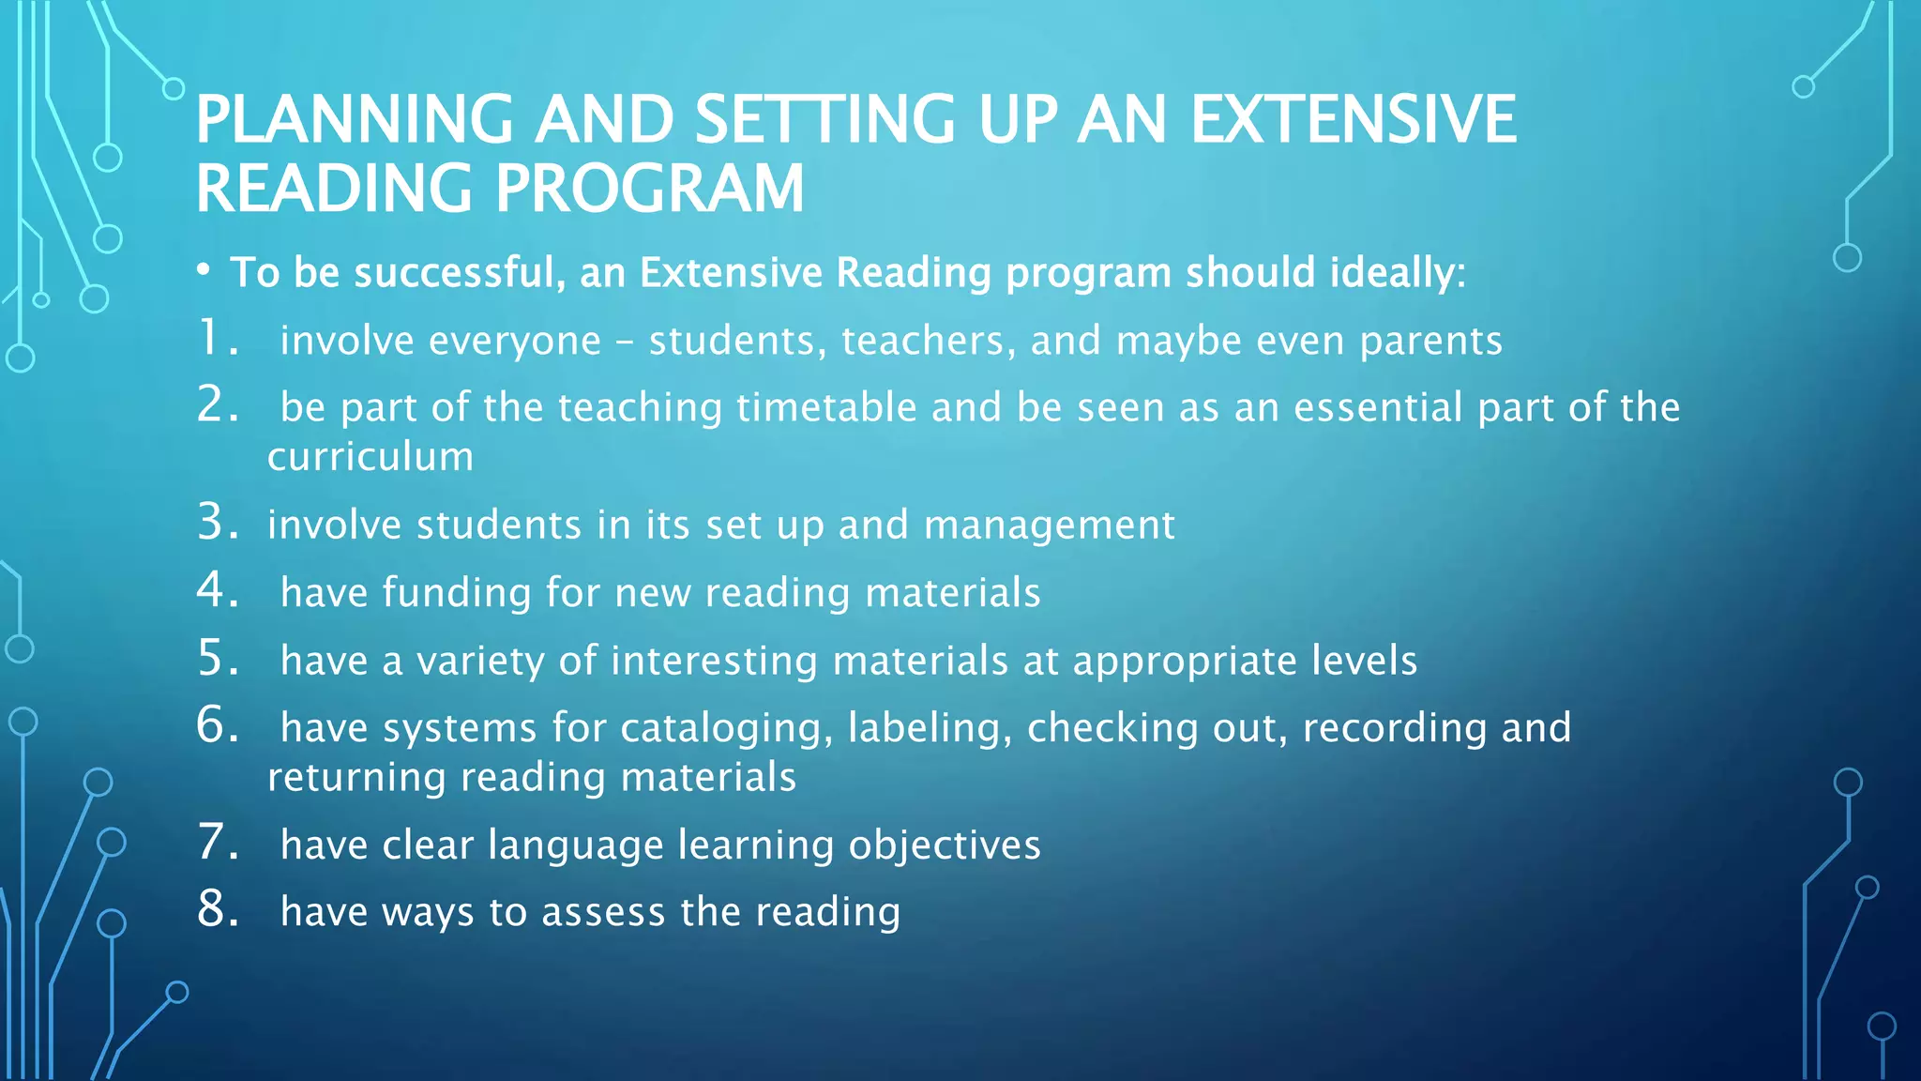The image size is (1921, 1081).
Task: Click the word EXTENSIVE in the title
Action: (1353, 120)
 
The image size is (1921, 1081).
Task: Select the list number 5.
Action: (216, 659)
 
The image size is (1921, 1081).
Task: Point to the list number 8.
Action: (216, 910)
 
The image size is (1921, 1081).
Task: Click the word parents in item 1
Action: (1430, 341)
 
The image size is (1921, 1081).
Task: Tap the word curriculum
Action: (371, 457)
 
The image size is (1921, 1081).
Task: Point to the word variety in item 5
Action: (480, 662)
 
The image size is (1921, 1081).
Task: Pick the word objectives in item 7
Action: (945, 845)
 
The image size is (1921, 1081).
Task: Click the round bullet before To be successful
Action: (204, 271)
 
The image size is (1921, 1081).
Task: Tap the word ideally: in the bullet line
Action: (1397, 273)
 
